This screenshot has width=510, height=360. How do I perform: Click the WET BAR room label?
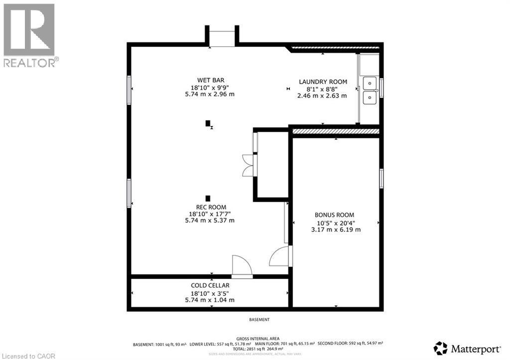point(209,80)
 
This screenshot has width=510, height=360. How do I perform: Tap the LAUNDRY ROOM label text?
point(323,82)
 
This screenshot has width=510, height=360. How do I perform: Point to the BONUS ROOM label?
point(335,215)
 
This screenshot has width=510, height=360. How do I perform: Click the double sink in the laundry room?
point(370,90)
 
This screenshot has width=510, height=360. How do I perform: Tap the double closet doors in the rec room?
point(248,165)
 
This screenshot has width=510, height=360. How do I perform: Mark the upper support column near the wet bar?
point(208,123)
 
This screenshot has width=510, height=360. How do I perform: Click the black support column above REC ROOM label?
point(208,198)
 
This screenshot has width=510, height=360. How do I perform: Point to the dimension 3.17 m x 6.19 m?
point(335,230)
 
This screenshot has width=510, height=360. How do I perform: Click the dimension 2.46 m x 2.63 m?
point(323,96)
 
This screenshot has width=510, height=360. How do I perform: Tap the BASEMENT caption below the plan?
point(259,320)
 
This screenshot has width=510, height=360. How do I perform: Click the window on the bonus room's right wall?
point(382,179)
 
